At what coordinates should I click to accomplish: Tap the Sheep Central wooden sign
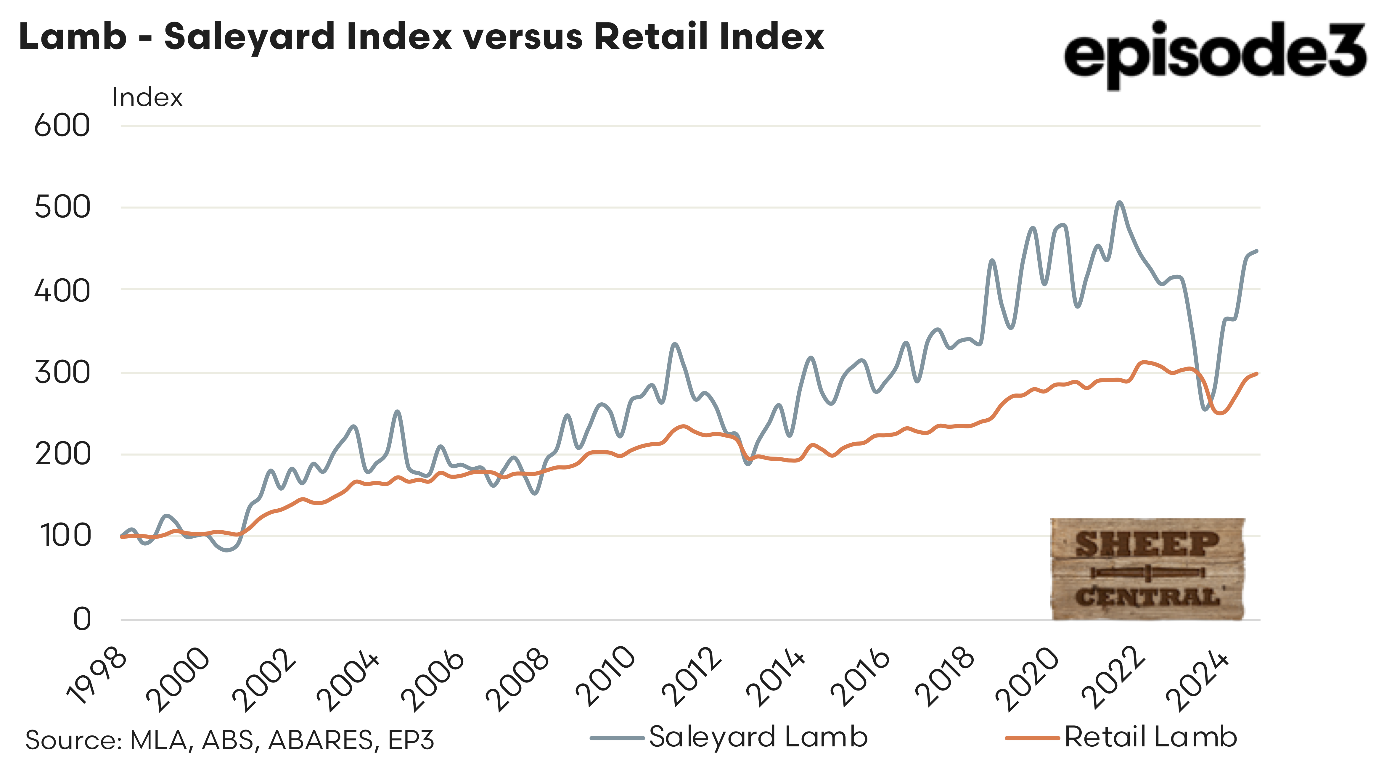1147,569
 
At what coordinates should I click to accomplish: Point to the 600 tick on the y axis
62,126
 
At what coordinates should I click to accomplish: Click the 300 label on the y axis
62,372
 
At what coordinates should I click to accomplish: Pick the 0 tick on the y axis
82,619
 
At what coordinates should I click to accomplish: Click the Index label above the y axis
147,98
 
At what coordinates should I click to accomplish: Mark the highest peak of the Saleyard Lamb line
1120,203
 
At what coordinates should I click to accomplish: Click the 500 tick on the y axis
62,208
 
